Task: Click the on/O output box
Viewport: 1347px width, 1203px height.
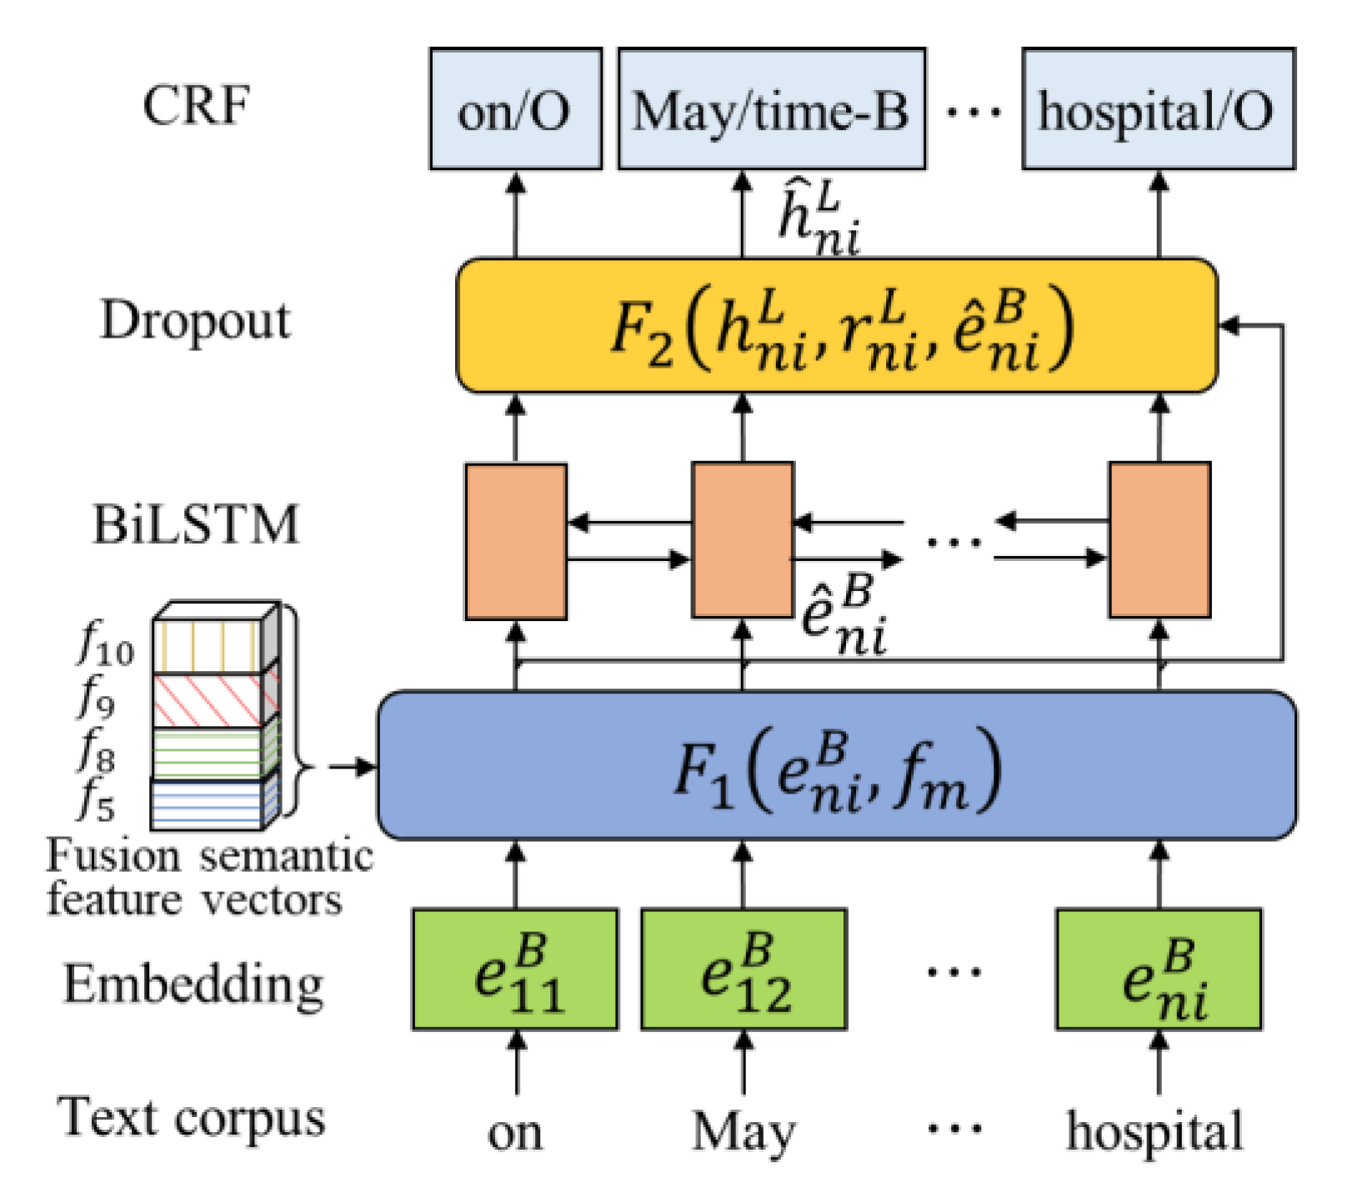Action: click(515, 109)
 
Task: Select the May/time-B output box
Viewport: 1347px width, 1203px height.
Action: click(771, 109)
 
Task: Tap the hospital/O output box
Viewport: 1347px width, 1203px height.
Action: click(1158, 109)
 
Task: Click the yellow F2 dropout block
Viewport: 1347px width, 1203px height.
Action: click(836, 325)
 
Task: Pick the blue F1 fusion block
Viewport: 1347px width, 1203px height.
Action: click(836, 765)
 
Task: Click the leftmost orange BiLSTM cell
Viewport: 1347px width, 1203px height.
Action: click(516, 541)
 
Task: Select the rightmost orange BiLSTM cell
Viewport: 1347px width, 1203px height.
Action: click(1159, 540)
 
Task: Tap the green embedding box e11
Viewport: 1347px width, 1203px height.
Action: click(515, 970)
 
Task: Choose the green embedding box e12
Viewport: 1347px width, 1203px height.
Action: click(744, 970)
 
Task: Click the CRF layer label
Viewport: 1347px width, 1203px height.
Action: click(196, 106)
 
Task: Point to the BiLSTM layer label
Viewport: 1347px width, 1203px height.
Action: click(196, 525)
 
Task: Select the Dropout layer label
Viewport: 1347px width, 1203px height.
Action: click(196, 321)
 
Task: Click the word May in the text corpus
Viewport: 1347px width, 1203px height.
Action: click(744, 1132)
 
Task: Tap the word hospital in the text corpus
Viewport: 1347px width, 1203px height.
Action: click(1154, 1132)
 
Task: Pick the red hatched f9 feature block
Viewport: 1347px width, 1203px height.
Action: click(208, 701)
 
